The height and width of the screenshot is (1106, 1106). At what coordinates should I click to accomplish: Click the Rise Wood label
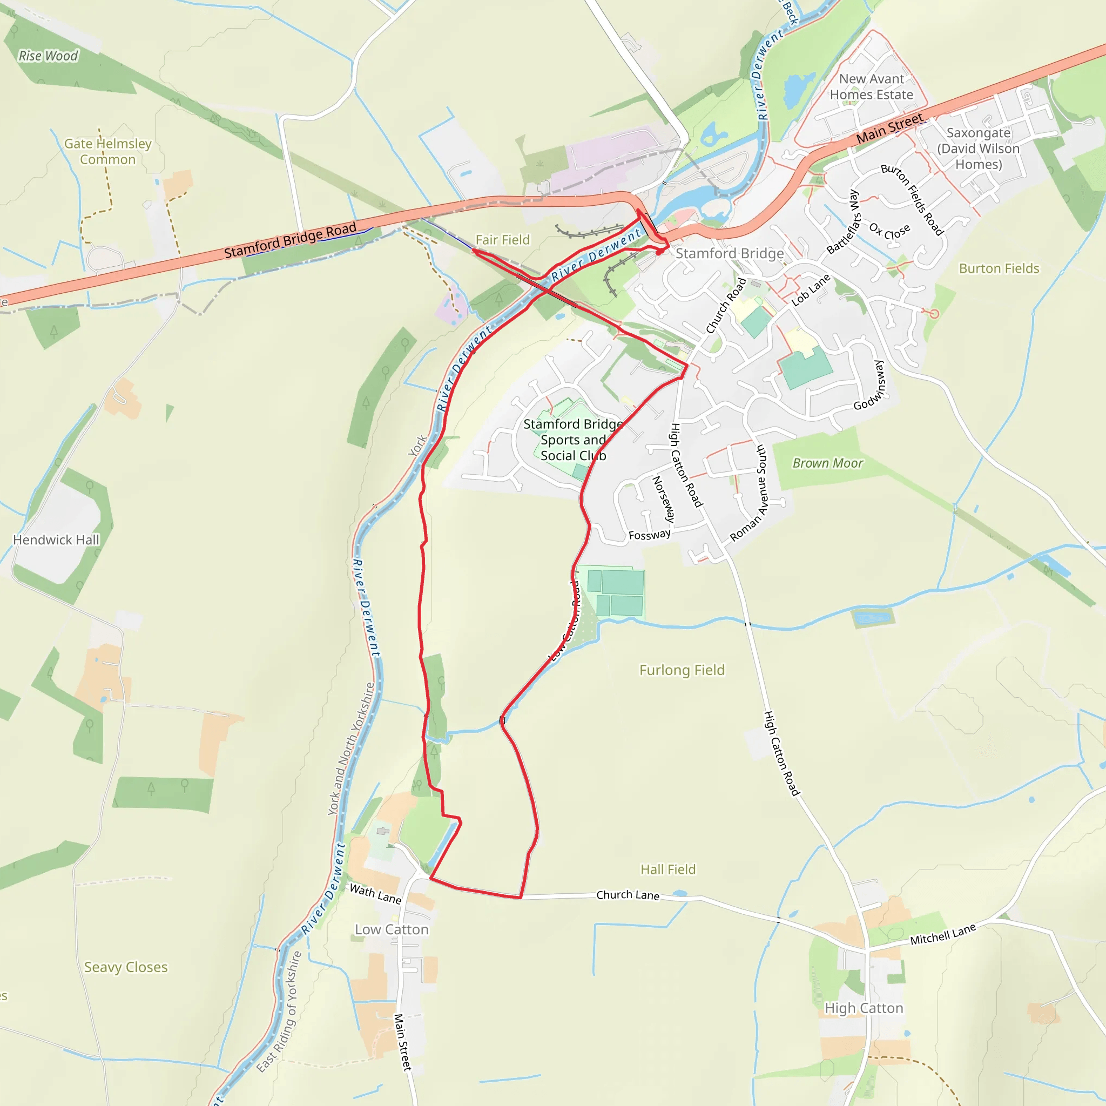tap(48, 56)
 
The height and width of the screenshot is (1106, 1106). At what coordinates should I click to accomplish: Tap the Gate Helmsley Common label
tap(107, 152)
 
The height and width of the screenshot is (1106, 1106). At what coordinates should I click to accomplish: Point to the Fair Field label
tap(503, 240)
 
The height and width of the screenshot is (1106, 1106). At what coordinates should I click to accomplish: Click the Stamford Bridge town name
tap(729, 253)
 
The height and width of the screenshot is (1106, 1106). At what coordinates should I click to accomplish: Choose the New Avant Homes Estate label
tap(871, 87)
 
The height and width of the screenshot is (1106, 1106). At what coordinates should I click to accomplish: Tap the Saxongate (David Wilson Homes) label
tap(979, 149)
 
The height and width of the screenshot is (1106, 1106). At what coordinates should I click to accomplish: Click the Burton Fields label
tap(999, 268)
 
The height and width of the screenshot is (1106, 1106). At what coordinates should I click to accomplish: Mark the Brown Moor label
tap(827, 463)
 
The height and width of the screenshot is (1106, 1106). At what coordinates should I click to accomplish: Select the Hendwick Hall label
tap(56, 540)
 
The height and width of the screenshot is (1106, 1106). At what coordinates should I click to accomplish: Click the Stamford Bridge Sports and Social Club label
tap(573, 440)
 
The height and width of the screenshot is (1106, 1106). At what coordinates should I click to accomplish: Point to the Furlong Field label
tap(682, 670)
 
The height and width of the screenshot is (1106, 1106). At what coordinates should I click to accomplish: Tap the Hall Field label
tap(668, 869)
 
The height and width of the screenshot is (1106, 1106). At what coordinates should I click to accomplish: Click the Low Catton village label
tap(392, 929)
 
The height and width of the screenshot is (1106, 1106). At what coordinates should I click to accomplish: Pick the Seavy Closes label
tap(126, 967)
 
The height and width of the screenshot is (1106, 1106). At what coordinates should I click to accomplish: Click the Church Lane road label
tap(628, 895)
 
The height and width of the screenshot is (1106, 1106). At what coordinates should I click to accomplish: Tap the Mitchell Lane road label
tap(943, 935)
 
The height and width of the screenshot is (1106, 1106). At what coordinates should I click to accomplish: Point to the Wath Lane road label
tap(375, 894)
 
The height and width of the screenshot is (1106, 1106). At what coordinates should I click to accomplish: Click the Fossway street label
tap(649, 535)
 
